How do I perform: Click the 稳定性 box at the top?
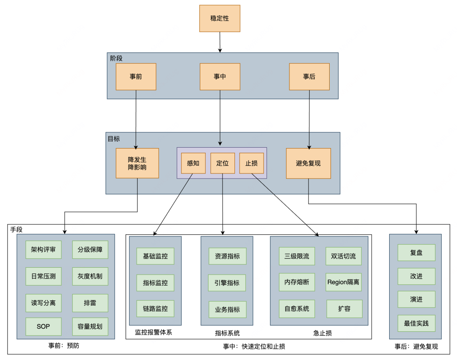(x=220, y=19)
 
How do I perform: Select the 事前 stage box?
(x=136, y=77)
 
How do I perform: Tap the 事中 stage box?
(x=220, y=77)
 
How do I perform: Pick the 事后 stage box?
(x=309, y=77)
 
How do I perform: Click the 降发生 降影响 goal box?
(x=137, y=163)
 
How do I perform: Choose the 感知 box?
(x=193, y=163)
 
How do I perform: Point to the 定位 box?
(x=223, y=163)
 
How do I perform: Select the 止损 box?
(x=251, y=163)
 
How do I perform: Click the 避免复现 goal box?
(x=308, y=163)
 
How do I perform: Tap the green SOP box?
(x=44, y=327)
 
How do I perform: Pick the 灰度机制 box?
(x=90, y=276)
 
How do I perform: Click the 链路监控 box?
(x=155, y=309)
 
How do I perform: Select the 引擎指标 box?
(x=227, y=283)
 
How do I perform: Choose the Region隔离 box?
(x=344, y=282)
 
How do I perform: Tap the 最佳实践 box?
(x=416, y=323)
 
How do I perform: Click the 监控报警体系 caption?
(x=154, y=333)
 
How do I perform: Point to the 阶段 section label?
(x=116, y=58)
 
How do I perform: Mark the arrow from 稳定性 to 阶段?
(x=220, y=42)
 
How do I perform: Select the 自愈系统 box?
(x=297, y=309)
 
